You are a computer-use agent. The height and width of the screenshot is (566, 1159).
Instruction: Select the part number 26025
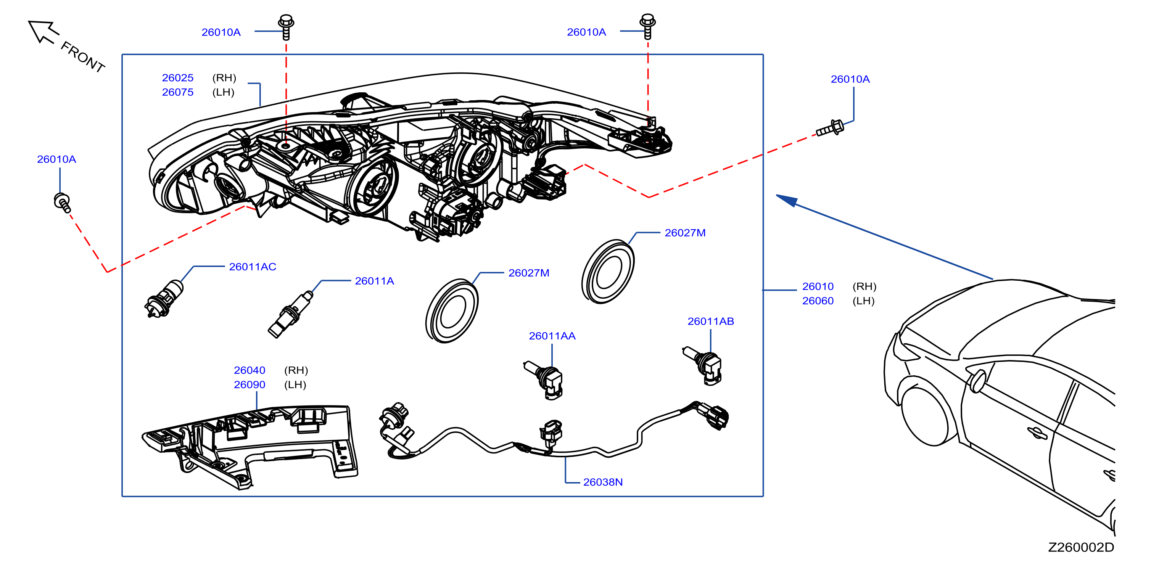coord(178,78)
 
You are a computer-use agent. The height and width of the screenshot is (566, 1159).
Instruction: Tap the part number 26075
coord(178,92)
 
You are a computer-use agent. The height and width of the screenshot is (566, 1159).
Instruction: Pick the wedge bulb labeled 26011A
coord(290,314)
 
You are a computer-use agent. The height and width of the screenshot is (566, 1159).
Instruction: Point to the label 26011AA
coord(552,336)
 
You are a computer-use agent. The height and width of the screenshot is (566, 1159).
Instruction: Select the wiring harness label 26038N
coord(603,482)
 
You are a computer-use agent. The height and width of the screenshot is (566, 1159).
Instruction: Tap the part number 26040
coord(250,370)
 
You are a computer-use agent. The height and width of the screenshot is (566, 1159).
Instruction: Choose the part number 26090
coord(250,385)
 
